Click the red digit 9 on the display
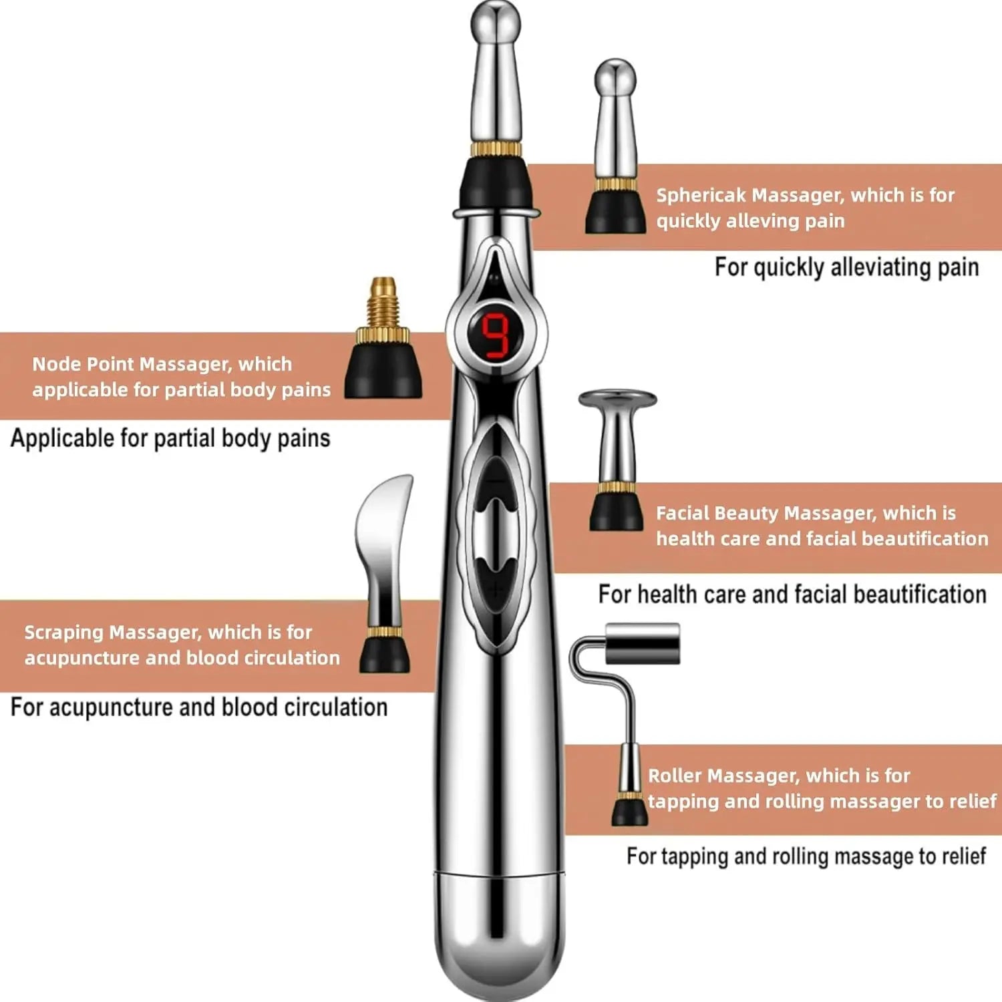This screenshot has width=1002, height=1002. (496, 335)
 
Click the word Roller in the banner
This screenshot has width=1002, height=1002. (674, 776)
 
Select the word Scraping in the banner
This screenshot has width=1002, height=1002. (64, 633)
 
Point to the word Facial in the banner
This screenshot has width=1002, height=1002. (683, 514)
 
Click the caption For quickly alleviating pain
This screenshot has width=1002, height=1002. (846, 268)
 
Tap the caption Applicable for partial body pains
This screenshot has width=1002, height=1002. (170, 439)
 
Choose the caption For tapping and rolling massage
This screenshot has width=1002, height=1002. (806, 857)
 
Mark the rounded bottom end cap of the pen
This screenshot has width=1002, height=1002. (498, 935)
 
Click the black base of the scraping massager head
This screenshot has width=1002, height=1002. (385, 655)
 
